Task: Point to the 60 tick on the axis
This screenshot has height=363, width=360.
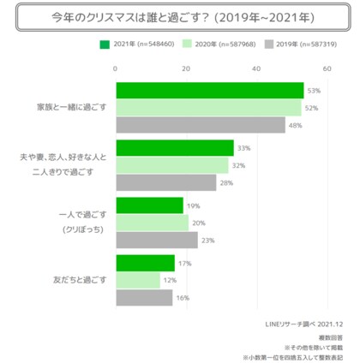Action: click(x=326, y=68)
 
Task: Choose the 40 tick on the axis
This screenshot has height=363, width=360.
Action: click(x=256, y=68)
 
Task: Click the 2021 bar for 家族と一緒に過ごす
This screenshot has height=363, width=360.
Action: click(x=209, y=90)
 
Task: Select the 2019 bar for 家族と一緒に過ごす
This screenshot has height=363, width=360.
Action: click(x=201, y=125)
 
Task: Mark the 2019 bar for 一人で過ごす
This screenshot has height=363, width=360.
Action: click(x=156, y=240)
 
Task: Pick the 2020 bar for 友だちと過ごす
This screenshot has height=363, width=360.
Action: click(x=137, y=280)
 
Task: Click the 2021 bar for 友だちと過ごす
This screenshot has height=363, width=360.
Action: click(x=145, y=263)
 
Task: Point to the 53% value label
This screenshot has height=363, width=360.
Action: click(x=314, y=90)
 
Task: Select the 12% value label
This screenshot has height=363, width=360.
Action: click(x=171, y=281)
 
